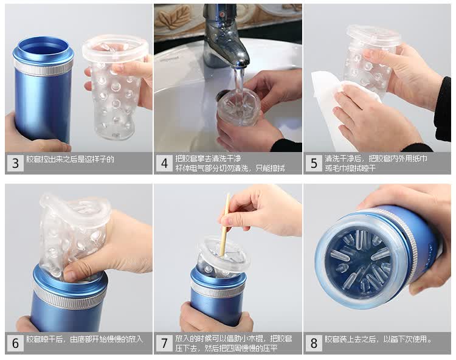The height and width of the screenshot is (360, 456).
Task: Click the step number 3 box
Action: [15, 163]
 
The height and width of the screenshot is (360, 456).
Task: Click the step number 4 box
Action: [164, 163]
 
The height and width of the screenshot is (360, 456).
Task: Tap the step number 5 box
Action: [314, 163]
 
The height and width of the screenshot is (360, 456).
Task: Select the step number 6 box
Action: [15, 343]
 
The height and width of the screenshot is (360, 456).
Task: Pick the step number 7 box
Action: [164, 343]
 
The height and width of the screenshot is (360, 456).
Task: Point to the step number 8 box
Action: [314, 343]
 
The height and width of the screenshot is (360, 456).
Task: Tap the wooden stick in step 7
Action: [225, 224]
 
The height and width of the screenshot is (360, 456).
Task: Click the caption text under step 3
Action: [70, 159]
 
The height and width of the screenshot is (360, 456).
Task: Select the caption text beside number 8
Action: [378, 339]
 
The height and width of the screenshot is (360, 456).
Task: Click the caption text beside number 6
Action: [85, 339]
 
